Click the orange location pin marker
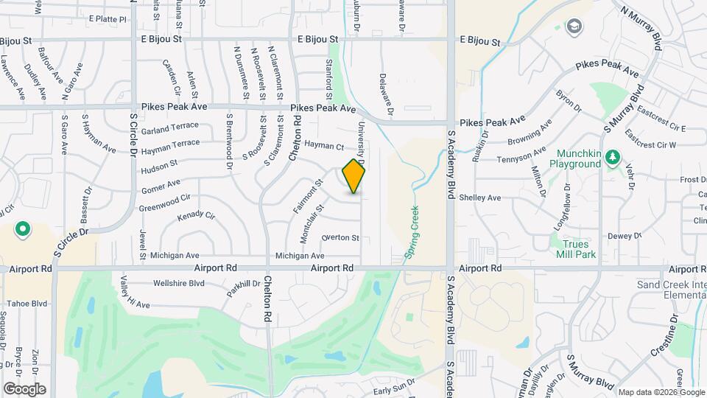354,175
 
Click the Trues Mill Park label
580,249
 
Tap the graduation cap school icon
572,27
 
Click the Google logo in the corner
24,389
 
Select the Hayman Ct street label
325,147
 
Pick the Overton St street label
340,237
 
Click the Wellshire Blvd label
178,283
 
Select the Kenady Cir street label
196,217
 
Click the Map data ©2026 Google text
661,391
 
